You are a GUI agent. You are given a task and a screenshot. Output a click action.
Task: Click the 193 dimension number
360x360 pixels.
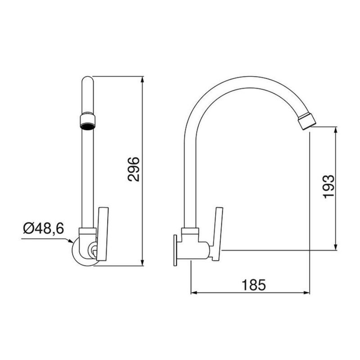[x=328, y=185]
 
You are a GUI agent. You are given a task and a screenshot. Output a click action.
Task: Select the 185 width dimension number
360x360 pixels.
[x=254, y=284]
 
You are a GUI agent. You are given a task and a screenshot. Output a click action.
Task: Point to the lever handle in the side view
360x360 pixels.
[x=219, y=233]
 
